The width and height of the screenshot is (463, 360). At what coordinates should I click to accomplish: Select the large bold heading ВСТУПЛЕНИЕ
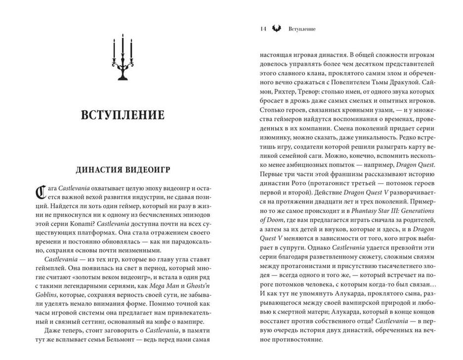(122, 116)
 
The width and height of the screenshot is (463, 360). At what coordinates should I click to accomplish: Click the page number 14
(262, 29)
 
